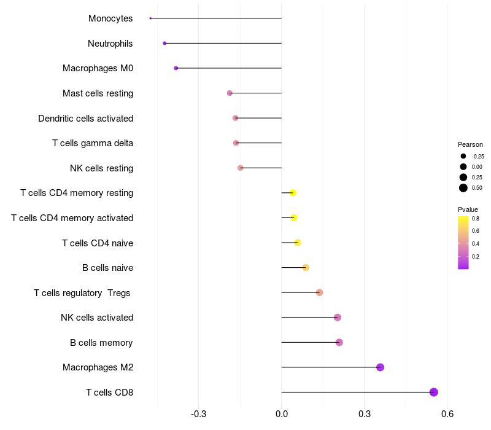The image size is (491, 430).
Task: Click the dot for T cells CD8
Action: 433,392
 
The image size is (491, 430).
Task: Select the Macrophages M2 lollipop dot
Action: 380,367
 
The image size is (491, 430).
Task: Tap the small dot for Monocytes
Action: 150,18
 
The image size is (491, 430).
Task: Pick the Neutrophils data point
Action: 164,43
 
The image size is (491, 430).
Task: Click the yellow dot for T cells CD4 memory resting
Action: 293,193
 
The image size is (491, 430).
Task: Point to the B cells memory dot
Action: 339,342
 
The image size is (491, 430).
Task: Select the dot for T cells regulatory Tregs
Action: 319,292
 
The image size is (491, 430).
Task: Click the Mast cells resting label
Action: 98,93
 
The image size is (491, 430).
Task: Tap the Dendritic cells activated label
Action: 85,118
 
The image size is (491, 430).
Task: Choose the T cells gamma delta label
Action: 93,143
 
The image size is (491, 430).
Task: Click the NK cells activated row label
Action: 97,318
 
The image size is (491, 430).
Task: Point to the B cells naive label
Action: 107,268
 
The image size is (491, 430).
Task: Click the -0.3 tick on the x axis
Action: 199,414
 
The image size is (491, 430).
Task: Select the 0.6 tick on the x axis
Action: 447,414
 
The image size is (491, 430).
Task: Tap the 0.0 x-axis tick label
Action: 282,414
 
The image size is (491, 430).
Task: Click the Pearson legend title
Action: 470,144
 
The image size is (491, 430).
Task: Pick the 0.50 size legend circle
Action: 463,188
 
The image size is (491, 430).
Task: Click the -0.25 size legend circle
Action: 463,156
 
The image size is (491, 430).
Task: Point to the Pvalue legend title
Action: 468,209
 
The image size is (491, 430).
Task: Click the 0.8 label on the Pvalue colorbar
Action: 476,218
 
